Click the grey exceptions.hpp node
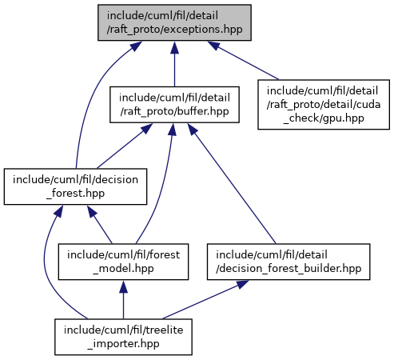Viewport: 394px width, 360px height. tap(174, 22)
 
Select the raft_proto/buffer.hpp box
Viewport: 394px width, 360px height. tap(174, 105)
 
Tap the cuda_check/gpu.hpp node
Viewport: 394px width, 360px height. tap(324, 105)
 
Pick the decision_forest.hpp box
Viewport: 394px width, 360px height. tap(75, 186)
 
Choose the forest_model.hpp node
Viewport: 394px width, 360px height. tap(123, 262)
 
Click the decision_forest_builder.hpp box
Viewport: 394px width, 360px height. tap(289, 262)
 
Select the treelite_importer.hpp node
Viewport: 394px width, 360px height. tap(123, 337)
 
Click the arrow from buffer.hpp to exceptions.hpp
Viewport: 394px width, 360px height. tap(174, 64)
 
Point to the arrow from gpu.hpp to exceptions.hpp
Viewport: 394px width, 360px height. tap(243, 60)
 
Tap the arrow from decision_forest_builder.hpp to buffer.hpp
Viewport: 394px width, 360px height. tap(232, 183)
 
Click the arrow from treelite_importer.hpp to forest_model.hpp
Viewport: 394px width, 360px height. tap(123, 299)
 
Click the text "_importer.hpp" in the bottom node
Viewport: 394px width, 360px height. tap(123, 343)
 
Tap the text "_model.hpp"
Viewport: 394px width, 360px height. tap(123, 268)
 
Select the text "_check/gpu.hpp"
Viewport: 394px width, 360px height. tap(324, 118)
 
